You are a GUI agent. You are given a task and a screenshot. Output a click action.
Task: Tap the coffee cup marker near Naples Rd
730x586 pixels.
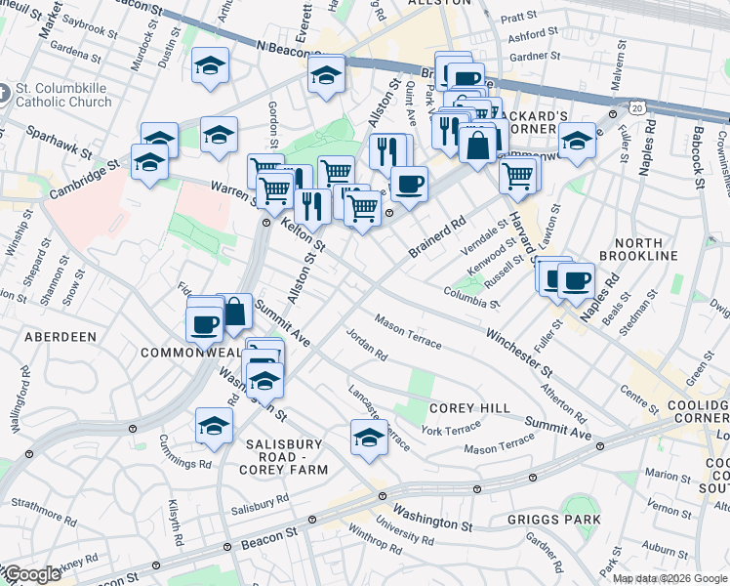(576, 279)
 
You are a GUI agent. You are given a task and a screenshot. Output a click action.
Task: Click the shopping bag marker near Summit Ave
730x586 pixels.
(234, 312)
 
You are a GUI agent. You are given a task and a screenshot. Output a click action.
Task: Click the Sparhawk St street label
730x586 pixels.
(59, 142)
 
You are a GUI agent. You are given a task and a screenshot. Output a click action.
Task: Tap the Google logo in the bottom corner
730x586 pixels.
(31, 574)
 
